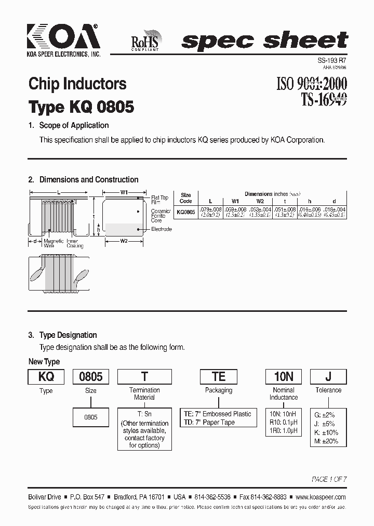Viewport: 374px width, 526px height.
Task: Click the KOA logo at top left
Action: tap(63, 38)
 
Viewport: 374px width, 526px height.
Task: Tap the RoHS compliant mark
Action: tap(148, 40)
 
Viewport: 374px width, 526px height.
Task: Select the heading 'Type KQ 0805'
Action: tap(81, 107)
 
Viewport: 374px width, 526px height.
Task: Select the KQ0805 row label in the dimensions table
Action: tap(186, 212)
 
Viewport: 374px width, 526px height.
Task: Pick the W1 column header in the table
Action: tap(235, 201)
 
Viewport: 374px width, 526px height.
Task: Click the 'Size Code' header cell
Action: tap(185, 198)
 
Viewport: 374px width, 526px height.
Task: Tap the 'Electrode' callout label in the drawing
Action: tap(161, 229)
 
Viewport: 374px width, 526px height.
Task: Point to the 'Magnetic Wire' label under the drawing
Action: tap(54, 243)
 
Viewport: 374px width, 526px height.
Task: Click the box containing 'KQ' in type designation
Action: tap(46, 377)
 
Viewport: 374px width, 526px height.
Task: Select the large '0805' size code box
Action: tap(90, 377)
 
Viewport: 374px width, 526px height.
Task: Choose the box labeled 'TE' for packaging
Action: tap(218, 377)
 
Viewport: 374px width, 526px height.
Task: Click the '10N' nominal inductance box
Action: tap(284, 377)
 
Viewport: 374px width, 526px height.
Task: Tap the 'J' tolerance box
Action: tap(328, 377)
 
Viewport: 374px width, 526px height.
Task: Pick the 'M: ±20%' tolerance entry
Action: tap(326, 441)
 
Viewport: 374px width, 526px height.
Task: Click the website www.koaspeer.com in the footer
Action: tap(318, 497)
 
